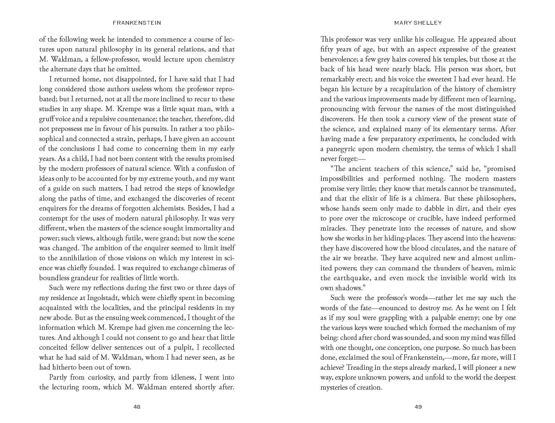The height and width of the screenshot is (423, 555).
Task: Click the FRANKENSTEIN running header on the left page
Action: click(x=137, y=23)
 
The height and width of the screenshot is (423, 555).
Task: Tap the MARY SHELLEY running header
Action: click(x=418, y=23)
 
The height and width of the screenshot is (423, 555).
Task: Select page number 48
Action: click(x=137, y=407)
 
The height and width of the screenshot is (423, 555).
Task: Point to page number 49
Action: click(x=418, y=407)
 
